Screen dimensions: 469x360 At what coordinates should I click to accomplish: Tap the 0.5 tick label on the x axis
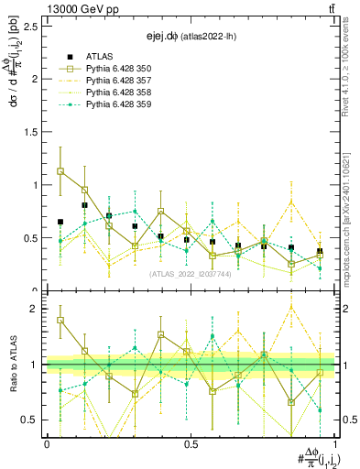pos(191,444)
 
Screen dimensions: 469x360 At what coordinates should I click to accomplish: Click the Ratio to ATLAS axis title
pos(13,365)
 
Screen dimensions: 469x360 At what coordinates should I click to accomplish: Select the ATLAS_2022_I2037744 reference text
pos(190,272)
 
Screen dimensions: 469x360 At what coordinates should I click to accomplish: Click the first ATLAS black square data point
pos(60,222)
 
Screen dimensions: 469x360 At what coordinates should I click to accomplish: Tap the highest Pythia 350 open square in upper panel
pos(60,171)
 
